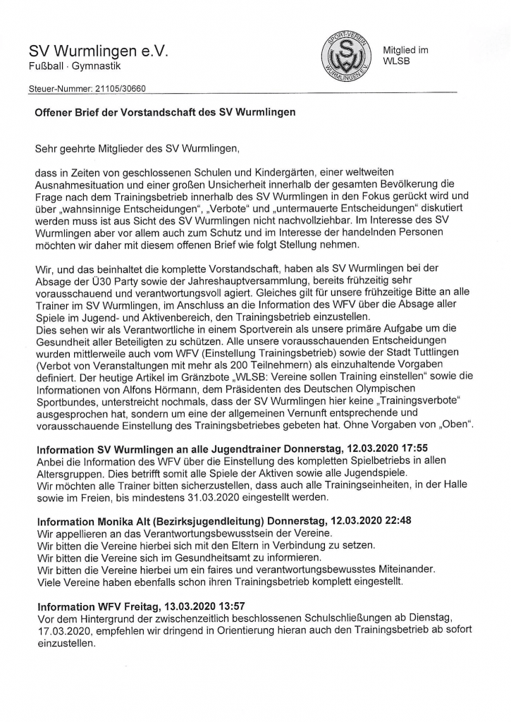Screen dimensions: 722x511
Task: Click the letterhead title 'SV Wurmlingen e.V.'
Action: pos(99,51)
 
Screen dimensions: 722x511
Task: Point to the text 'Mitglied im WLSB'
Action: pos(405,55)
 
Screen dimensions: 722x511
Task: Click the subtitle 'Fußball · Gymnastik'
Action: pos(74,66)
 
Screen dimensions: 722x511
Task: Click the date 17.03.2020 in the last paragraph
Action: pos(64,630)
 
